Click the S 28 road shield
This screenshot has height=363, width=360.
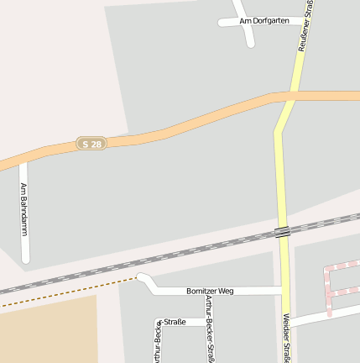click(92, 144)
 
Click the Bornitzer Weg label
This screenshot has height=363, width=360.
click(210, 291)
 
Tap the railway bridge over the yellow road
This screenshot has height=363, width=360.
click(283, 231)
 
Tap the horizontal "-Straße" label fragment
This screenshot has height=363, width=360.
click(174, 322)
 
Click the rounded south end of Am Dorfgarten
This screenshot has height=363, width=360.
click(250, 43)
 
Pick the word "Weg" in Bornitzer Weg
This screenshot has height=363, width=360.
click(225, 291)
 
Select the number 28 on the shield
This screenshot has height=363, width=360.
click(97, 144)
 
